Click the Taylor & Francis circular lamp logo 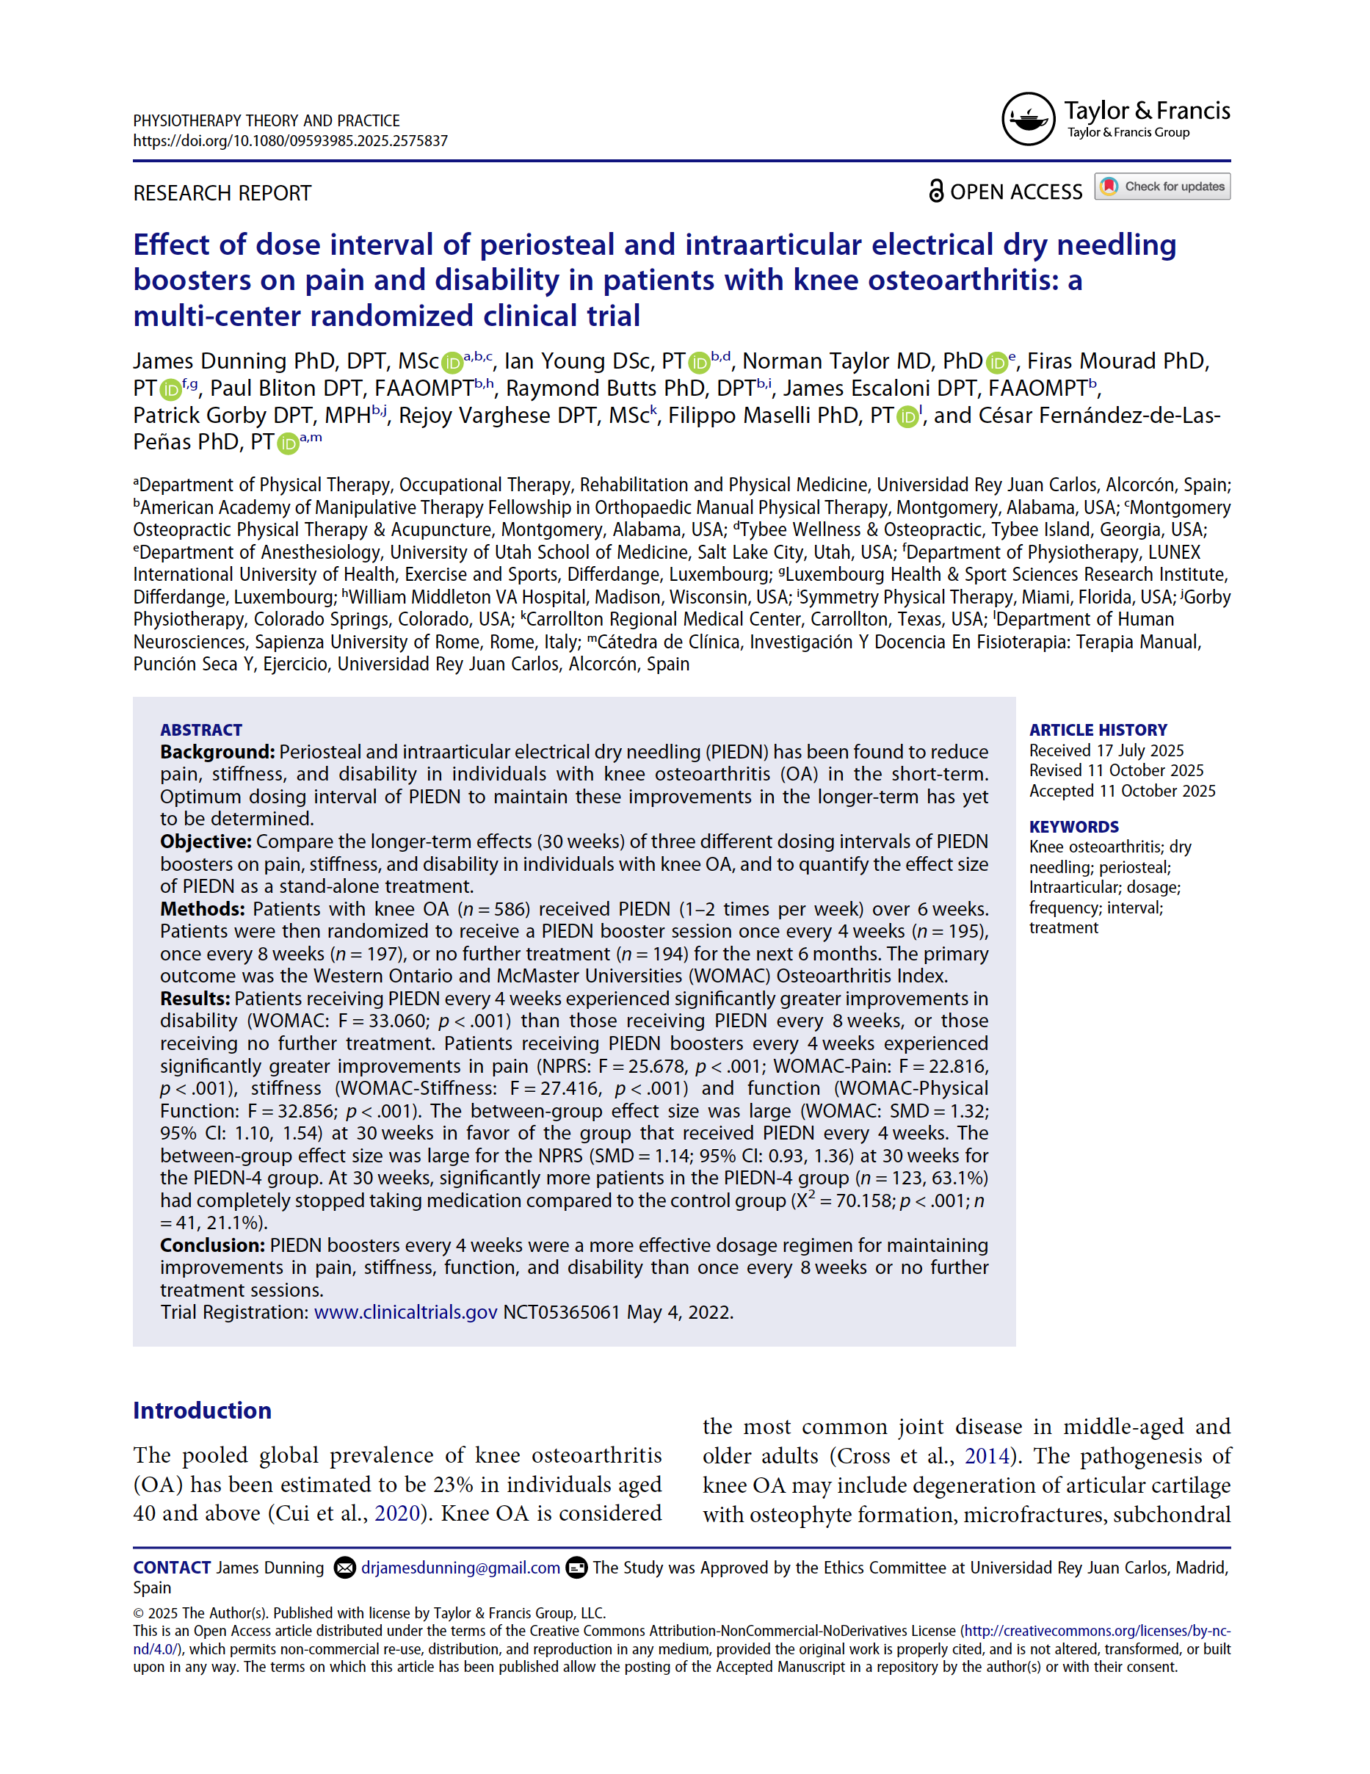(1027, 119)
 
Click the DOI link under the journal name (290, 140)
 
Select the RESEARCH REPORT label (222, 193)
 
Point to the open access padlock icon (935, 191)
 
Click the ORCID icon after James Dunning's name (452, 362)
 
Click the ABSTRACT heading (200, 729)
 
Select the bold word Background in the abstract (217, 752)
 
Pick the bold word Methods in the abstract (202, 909)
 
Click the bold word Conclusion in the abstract (212, 1245)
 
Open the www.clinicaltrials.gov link (405, 1313)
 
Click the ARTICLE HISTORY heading (1097, 729)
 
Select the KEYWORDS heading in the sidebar (1073, 826)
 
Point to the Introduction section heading (202, 1410)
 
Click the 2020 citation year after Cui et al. (396, 1513)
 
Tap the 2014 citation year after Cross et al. (986, 1455)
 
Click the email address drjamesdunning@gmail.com (460, 1568)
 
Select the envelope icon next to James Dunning (344, 1568)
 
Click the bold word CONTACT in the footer (171, 1568)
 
